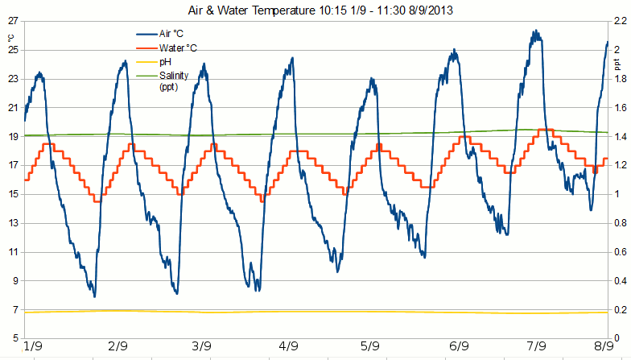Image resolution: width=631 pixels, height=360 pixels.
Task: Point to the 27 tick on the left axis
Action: (x=12, y=20)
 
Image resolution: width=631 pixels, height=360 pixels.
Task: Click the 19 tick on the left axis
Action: (x=12, y=136)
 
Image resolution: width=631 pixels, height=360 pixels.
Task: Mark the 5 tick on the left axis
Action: (x=14, y=338)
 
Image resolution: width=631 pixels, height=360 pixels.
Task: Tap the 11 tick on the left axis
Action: (x=12, y=252)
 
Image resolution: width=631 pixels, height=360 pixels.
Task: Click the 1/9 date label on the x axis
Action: (x=34, y=347)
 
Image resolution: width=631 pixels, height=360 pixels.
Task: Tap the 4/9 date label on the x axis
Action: (x=287, y=347)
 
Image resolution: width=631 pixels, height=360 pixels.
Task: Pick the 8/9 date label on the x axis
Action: (x=596, y=347)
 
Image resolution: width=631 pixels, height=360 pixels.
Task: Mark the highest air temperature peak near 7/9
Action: (x=534, y=31)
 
